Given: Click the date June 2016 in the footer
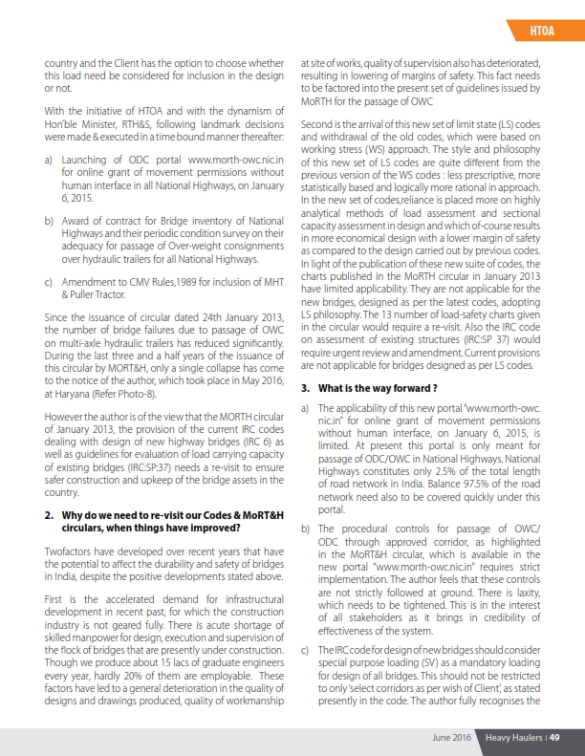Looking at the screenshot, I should pyautogui.click(x=454, y=736).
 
